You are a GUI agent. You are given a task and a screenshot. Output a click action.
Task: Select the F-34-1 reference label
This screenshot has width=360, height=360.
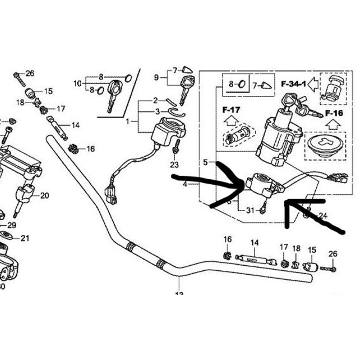pyautogui.click(x=293, y=85)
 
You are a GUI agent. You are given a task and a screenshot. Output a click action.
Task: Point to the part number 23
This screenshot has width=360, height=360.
pyautogui.click(x=174, y=165)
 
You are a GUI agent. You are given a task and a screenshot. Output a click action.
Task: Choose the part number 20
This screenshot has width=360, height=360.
pyautogui.click(x=45, y=196)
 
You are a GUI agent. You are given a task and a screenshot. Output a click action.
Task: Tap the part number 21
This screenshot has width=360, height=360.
pyautogui.click(x=25, y=238)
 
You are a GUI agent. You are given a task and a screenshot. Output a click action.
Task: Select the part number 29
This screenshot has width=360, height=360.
pyautogui.click(x=12, y=225)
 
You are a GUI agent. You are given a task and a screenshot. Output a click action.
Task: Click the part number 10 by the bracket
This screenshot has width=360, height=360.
pyautogui.click(x=78, y=84)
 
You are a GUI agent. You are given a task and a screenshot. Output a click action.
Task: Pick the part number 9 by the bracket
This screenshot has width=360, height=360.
pyautogui.click(x=156, y=77)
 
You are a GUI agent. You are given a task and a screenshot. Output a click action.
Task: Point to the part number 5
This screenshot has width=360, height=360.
pyautogui.click(x=205, y=162)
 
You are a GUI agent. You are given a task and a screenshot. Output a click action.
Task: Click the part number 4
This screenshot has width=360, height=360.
pyautogui.click(x=185, y=184)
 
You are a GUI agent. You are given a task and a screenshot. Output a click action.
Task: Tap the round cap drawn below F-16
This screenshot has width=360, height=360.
pyautogui.click(x=325, y=146)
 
